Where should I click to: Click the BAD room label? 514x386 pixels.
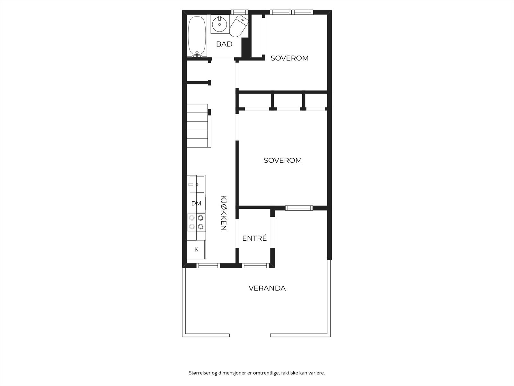(224, 44)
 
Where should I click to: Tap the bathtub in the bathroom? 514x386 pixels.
(197, 36)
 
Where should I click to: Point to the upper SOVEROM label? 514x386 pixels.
(289, 58)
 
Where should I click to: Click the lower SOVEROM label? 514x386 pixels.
(283, 160)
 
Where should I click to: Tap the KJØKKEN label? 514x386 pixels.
(224, 213)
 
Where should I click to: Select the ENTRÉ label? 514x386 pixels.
(254, 238)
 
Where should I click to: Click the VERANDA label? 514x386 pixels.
(267, 288)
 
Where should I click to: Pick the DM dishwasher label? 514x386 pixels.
(196, 203)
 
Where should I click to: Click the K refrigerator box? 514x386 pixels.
(196, 250)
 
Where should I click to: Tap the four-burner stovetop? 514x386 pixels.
(196, 222)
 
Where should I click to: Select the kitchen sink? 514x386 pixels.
(196, 184)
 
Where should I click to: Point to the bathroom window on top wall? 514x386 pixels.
(237, 12)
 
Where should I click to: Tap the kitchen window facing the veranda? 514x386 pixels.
(208, 265)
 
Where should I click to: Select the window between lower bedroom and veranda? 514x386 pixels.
(299, 208)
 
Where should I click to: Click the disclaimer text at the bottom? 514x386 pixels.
(257, 373)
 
